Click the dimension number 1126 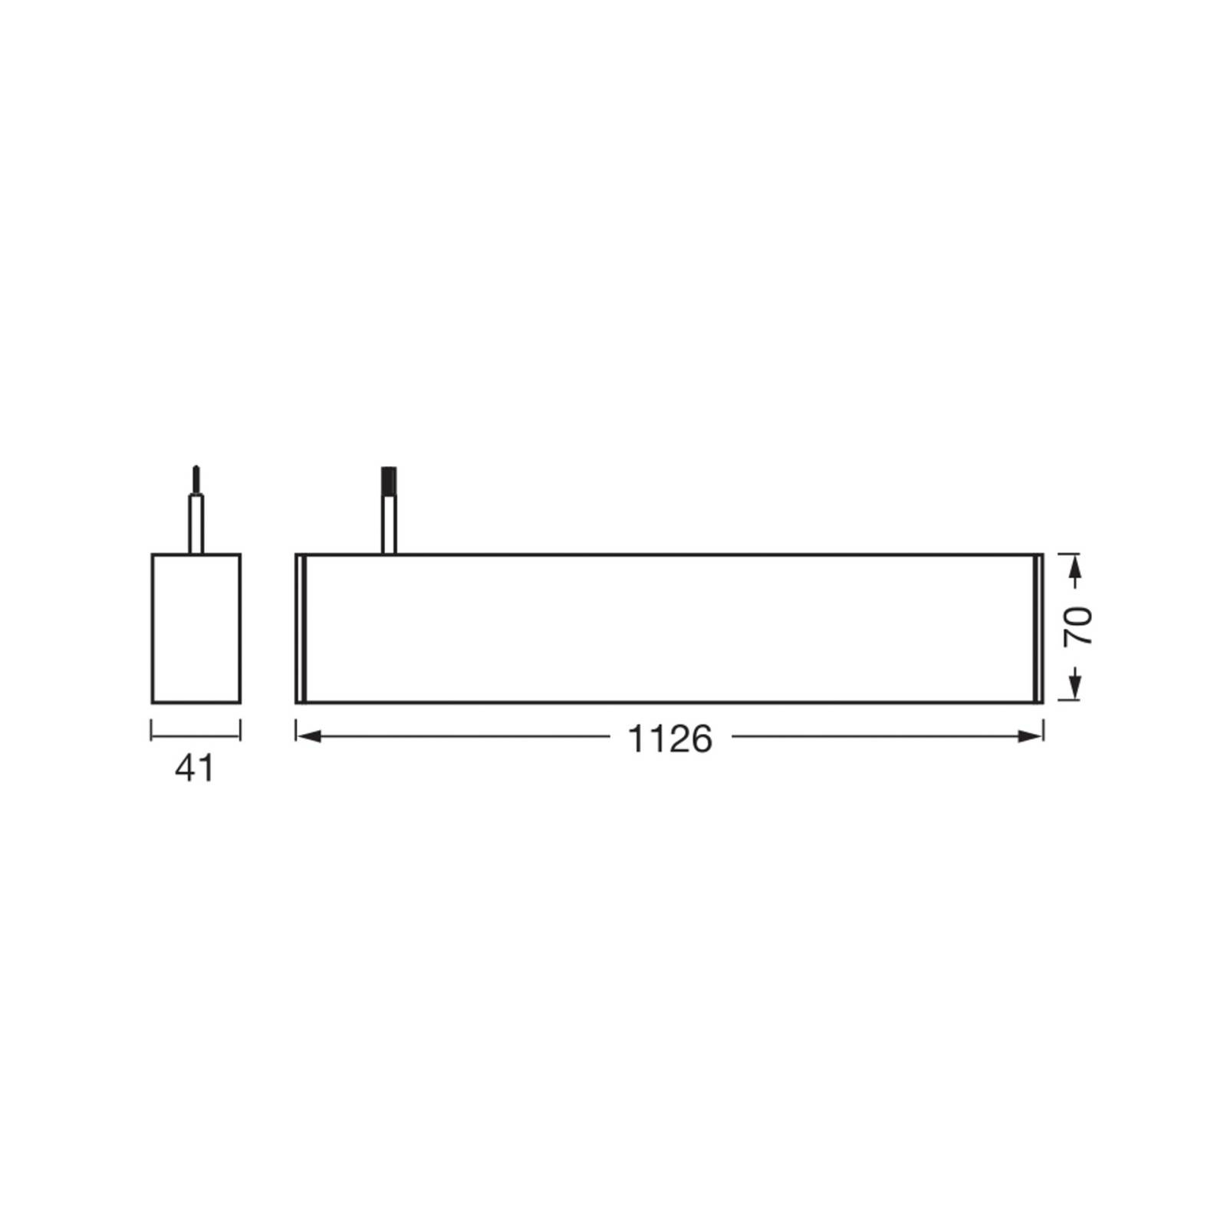tap(670, 739)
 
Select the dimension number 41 tap(196, 768)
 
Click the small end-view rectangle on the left tap(196, 628)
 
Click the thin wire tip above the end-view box tap(196, 480)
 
